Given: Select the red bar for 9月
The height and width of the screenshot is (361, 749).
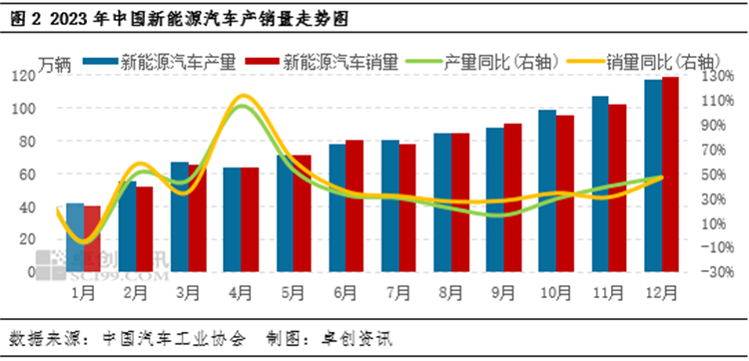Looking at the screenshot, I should coord(512,197).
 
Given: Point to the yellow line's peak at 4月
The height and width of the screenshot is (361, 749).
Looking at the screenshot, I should coord(242,97).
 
